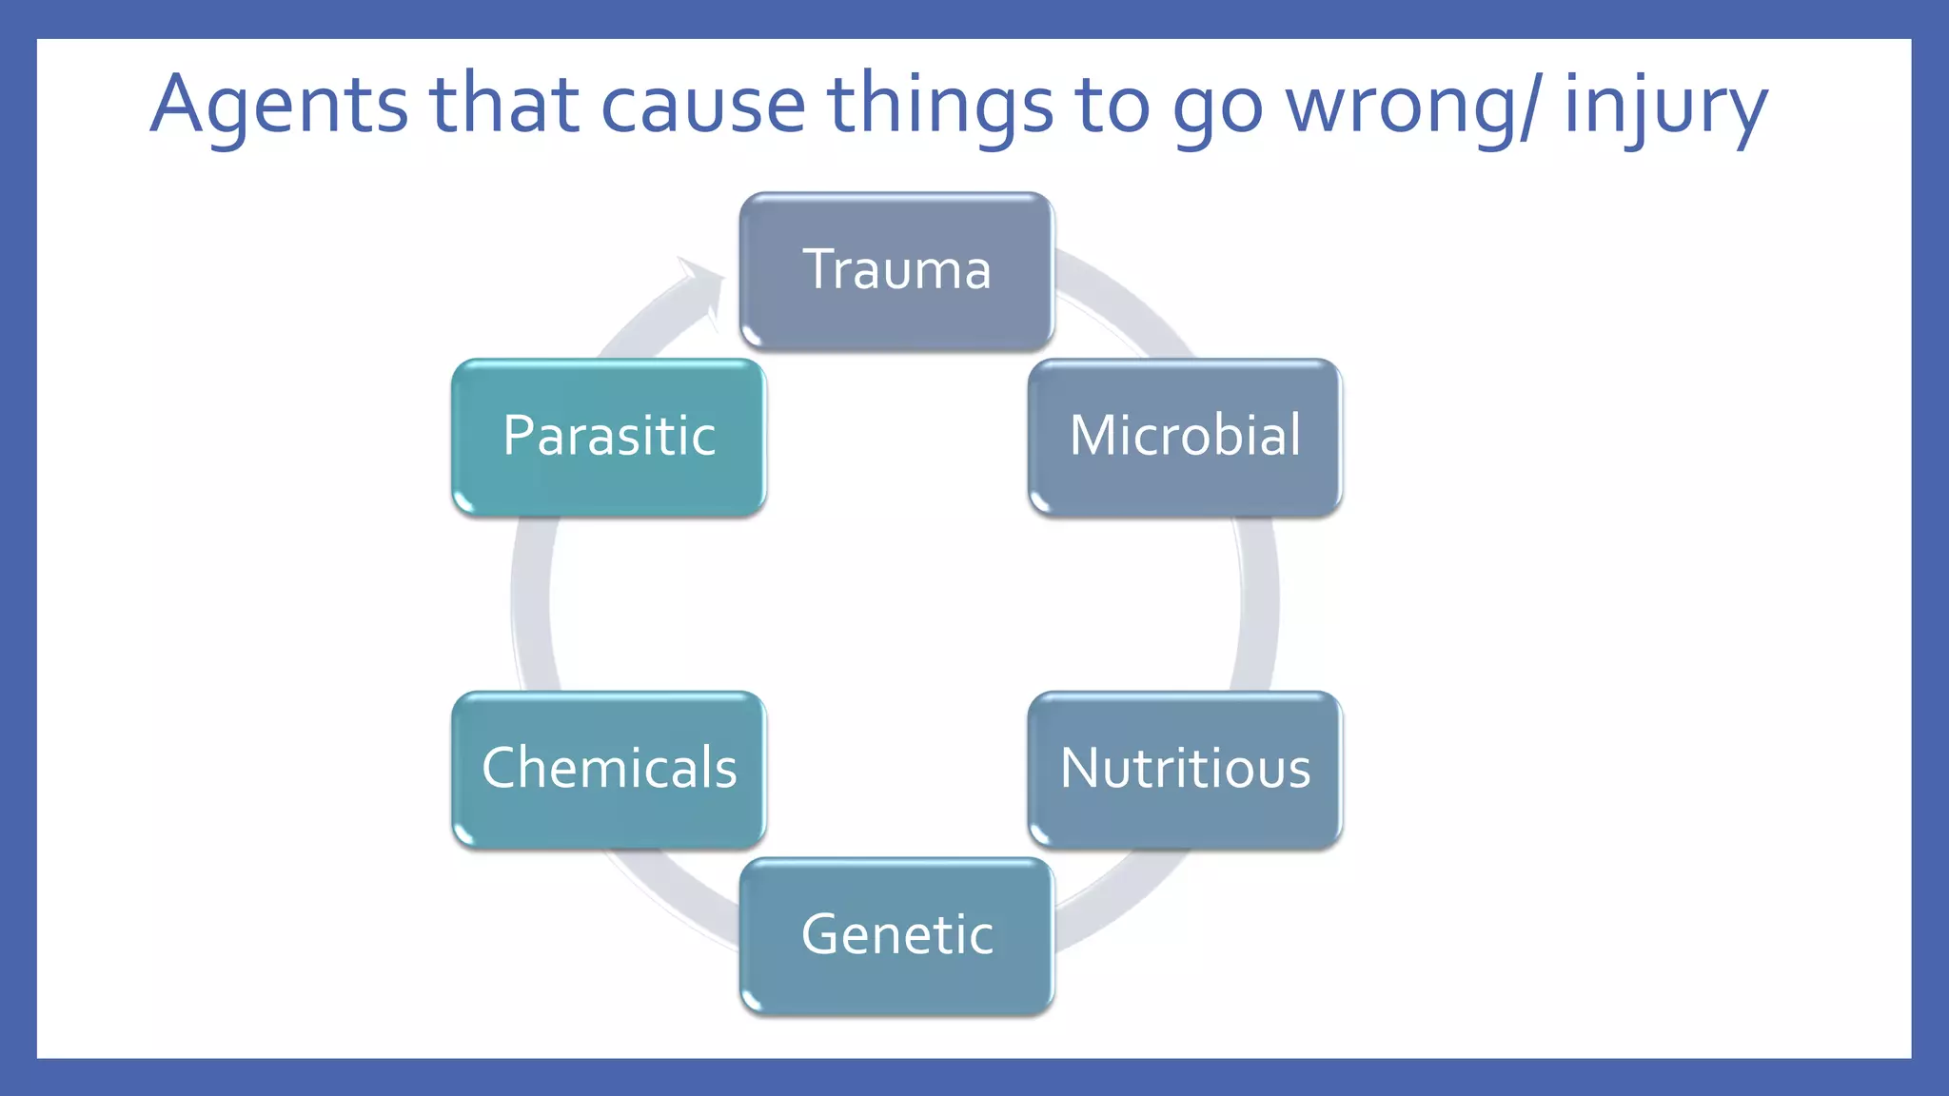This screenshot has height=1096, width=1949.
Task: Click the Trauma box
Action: (896, 271)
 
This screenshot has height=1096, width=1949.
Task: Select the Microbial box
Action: (1185, 438)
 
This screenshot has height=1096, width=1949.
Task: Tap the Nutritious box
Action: (1185, 770)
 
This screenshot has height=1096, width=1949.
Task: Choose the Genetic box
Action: (896, 936)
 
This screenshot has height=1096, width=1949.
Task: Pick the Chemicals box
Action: (609, 770)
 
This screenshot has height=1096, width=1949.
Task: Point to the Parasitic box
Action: (609, 438)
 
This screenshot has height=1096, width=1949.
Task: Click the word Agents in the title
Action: (279, 105)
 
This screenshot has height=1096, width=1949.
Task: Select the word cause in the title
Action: (703, 105)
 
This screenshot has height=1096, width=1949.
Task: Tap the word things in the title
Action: (940, 105)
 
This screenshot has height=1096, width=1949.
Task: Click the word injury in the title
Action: (1665, 105)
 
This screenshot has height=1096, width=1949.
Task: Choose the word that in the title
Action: (504, 105)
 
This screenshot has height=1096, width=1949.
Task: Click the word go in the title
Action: (1217, 105)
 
